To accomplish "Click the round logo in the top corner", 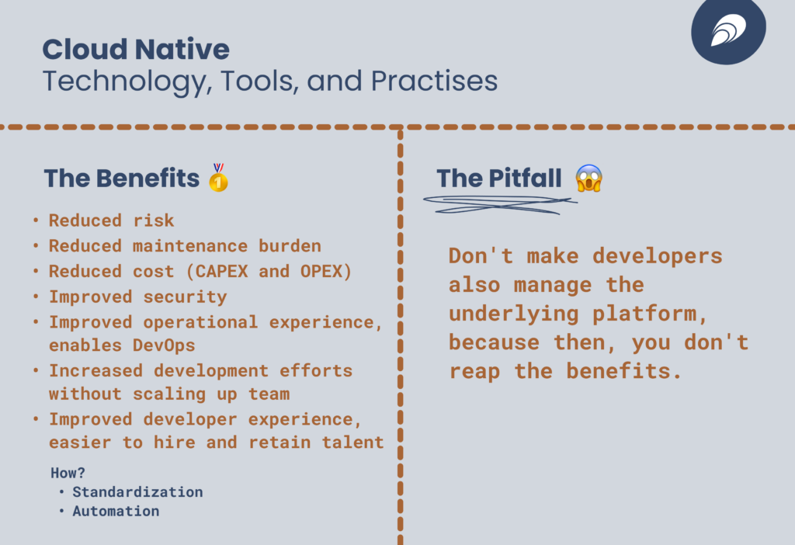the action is pyautogui.click(x=728, y=29).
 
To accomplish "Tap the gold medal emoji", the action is pyautogui.click(x=218, y=178).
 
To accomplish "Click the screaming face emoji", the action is pyautogui.click(x=588, y=178).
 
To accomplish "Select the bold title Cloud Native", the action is pyautogui.click(x=136, y=49).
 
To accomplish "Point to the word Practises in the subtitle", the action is pyautogui.click(x=435, y=81).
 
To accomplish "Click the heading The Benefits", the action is pyautogui.click(x=122, y=178).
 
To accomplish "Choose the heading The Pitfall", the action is pyautogui.click(x=499, y=178).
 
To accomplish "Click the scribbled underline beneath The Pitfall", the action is pyautogui.click(x=499, y=204).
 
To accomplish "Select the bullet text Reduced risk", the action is pyautogui.click(x=112, y=220).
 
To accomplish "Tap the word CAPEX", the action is pyautogui.click(x=221, y=271).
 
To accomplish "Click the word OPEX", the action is pyautogui.click(x=321, y=271).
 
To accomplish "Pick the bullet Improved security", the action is pyautogui.click(x=138, y=297).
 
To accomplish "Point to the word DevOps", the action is pyautogui.click(x=164, y=345).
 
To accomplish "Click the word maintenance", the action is pyautogui.click(x=190, y=246).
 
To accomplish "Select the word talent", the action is pyautogui.click(x=353, y=442).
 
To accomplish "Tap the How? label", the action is pyautogui.click(x=68, y=473).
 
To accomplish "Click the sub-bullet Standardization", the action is pyautogui.click(x=137, y=491).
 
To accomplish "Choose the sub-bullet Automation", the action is pyautogui.click(x=116, y=511).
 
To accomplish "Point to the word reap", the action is pyautogui.click(x=474, y=372).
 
